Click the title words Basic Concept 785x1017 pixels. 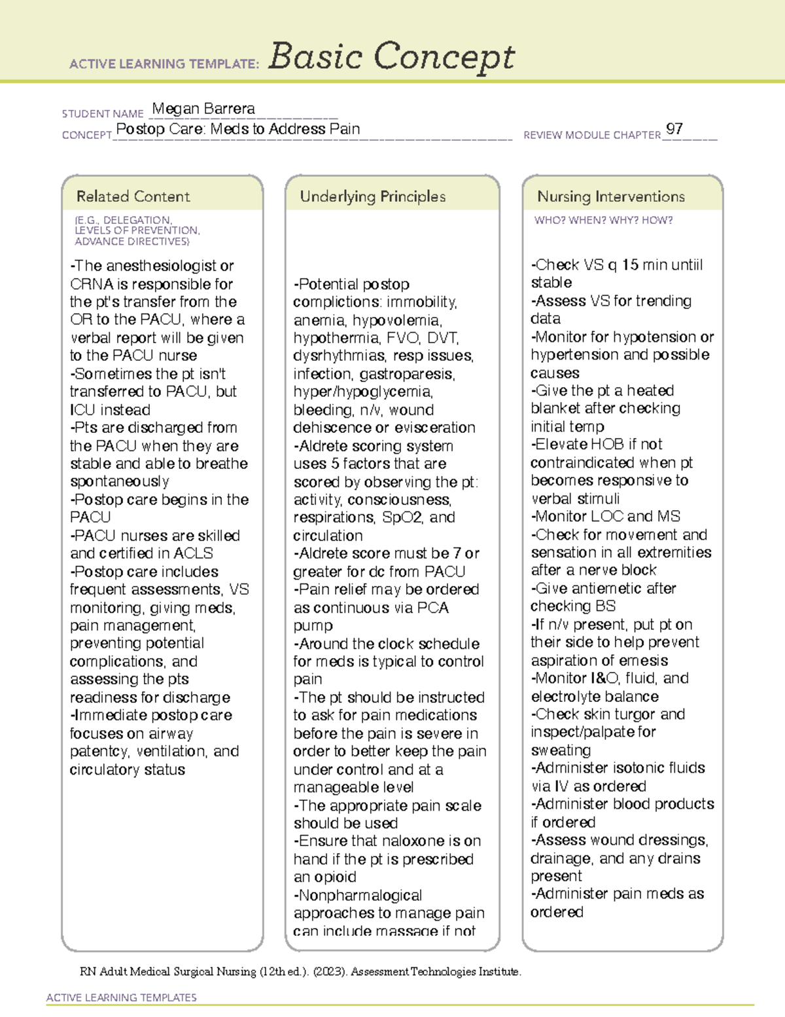point(391,57)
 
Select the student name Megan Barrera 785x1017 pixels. point(203,109)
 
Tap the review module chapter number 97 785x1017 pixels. point(674,129)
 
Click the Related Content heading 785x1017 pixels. point(133,196)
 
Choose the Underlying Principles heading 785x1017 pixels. point(372,196)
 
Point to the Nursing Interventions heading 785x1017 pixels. point(610,196)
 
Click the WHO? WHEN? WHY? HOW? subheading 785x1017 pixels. point(603,221)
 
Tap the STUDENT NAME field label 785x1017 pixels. point(103,114)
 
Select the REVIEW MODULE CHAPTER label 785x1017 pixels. point(592,136)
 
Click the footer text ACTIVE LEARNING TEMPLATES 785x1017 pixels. point(122,997)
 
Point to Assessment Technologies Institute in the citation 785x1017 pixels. point(436,972)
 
